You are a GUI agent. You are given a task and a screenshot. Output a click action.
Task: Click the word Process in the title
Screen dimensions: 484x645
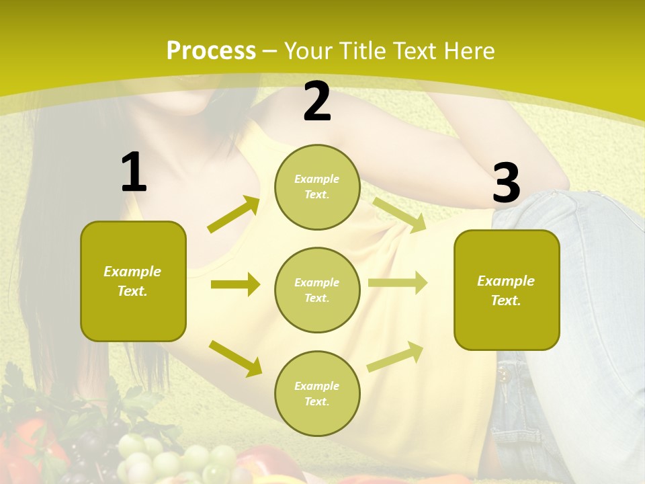click(x=211, y=50)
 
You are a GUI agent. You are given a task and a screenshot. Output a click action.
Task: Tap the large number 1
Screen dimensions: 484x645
click(x=133, y=172)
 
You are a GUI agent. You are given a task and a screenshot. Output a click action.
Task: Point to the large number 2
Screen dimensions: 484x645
click(x=317, y=102)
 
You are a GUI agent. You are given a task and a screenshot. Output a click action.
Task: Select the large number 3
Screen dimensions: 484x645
click(x=506, y=183)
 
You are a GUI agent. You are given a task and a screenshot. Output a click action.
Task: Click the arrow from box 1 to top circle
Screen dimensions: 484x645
click(x=234, y=214)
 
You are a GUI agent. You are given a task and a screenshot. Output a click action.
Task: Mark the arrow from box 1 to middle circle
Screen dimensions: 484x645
click(x=235, y=284)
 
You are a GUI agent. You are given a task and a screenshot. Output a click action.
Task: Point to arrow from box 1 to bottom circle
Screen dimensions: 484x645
click(x=236, y=358)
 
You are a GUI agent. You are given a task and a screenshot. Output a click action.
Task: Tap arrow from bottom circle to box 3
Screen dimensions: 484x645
click(x=395, y=356)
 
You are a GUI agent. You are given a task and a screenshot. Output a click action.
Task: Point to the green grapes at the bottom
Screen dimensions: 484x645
click(x=175, y=460)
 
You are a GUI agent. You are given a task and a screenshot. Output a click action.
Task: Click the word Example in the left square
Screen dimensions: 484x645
click(x=132, y=272)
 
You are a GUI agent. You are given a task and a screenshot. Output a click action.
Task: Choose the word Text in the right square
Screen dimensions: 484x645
click(x=505, y=300)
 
